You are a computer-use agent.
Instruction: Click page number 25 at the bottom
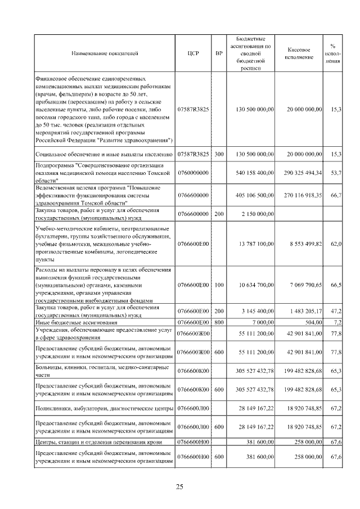pos(180,487)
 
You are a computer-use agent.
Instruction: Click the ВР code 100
pos(219,285)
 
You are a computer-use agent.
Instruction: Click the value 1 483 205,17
pos(306,311)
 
